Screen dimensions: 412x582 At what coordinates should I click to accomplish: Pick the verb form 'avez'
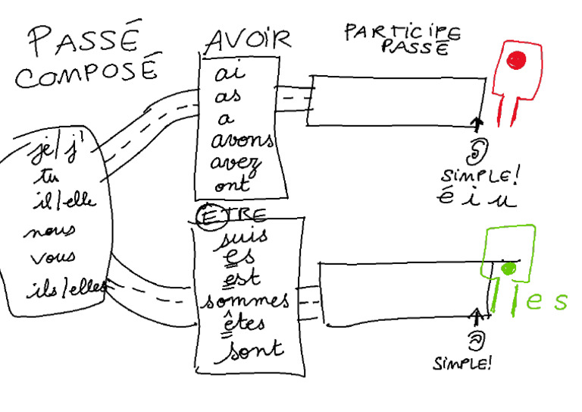coord(236,162)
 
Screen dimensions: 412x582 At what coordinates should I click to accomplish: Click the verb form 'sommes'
coord(244,300)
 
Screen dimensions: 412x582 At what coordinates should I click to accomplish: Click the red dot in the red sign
coord(518,58)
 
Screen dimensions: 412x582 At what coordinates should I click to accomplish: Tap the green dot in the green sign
coord(509,267)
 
